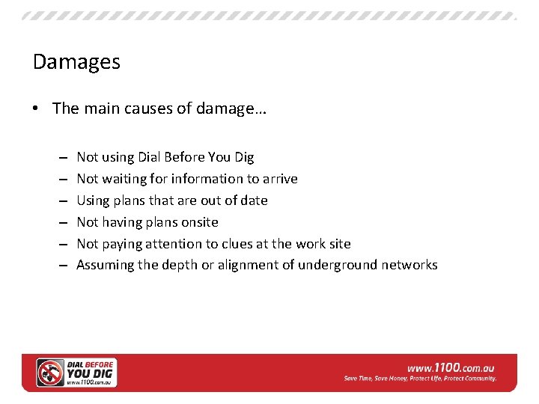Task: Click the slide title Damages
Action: pos(76,61)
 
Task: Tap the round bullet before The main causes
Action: pos(37,109)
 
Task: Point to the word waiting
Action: pos(124,179)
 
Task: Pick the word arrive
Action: pos(280,179)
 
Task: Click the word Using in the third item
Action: pos(94,201)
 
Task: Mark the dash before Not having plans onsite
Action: pos(61,222)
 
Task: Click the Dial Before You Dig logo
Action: pos(76,373)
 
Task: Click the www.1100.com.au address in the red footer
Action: pos(451,367)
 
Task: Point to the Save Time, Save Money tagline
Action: pos(420,379)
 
